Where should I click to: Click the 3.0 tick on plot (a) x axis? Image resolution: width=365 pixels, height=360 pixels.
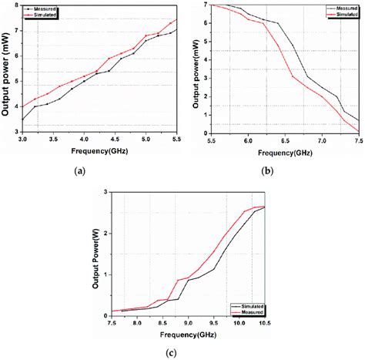coord(23,139)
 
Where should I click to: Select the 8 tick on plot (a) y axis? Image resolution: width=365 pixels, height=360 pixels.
coord(15,5)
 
